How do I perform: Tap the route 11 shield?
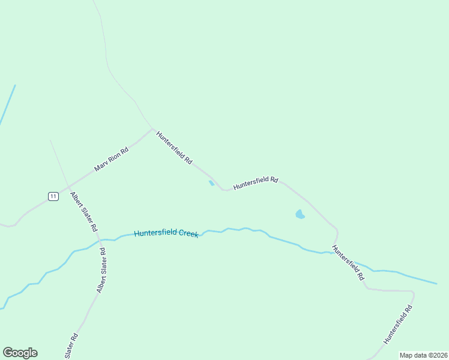point(53,196)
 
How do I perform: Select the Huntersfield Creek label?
point(166,233)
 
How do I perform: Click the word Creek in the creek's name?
point(187,233)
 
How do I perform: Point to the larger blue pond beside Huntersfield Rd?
point(300,214)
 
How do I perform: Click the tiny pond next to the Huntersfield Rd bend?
point(211,183)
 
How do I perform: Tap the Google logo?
point(20,353)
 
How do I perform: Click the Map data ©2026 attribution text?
point(423,355)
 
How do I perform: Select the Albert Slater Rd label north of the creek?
point(83,212)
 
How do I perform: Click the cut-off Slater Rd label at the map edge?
point(71,347)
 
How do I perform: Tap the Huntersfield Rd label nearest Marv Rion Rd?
point(174,148)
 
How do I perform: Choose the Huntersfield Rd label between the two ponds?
point(256,182)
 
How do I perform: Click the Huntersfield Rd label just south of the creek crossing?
point(348,263)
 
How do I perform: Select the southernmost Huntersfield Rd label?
point(398,325)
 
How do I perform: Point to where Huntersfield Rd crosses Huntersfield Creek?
point(334,251)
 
